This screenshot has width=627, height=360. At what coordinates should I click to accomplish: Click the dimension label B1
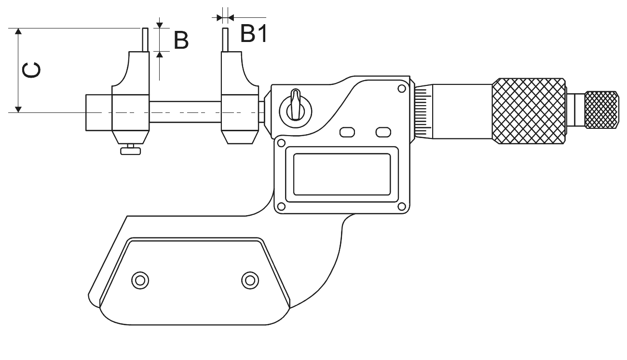(254, 33)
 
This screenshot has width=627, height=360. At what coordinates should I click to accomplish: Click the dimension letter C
(31, 70)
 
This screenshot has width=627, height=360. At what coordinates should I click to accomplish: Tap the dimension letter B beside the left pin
(181, 41)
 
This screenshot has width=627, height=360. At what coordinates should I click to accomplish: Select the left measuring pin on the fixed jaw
(145, 40)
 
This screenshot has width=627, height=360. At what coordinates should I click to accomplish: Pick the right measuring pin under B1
(225, 40)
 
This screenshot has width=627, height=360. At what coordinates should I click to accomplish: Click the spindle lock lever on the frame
(296, 105)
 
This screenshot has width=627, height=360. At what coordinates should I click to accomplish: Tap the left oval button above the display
(347, 132)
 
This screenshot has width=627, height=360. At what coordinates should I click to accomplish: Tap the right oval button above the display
(383, 132)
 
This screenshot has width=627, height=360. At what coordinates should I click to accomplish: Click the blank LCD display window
(342, 174)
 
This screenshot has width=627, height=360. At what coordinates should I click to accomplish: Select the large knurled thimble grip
(529, 111)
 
